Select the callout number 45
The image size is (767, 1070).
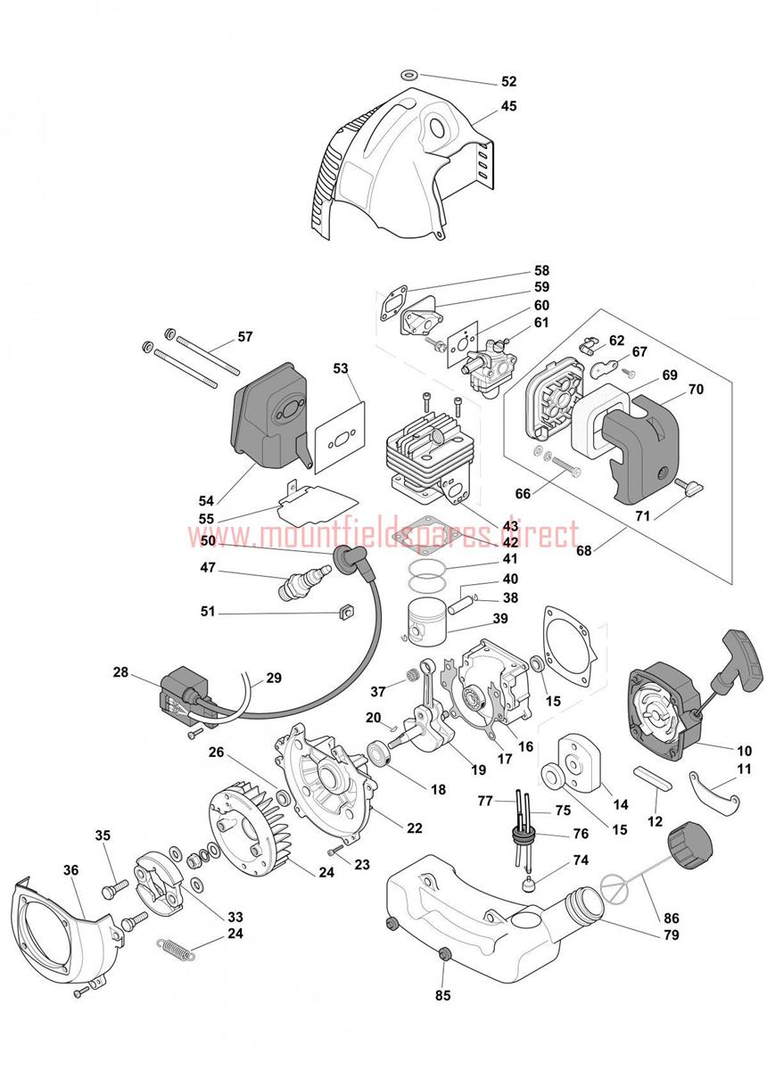508,105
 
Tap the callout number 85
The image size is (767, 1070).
443,995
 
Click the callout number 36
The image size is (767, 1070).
71,869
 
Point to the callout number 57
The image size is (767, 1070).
244,337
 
